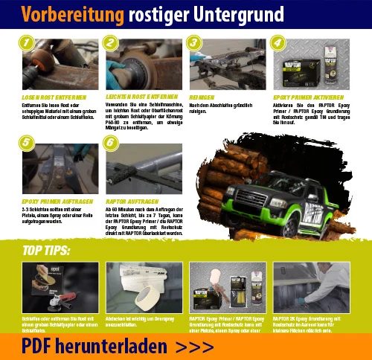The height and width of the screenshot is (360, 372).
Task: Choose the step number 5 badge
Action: point(27,141)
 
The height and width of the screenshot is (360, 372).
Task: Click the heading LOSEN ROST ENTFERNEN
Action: point(54,97)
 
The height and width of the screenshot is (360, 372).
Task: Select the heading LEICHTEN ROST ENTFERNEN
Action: point(141,97)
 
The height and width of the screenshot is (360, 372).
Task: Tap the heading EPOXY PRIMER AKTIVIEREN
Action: point(308,97)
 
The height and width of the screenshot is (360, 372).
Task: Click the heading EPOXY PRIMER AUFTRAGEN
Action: point(54,201)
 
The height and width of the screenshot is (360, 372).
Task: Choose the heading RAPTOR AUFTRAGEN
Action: point(133,201)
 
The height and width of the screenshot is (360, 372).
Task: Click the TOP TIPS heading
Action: point(46,251)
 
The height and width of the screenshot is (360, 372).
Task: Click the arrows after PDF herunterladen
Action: point(196,346)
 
